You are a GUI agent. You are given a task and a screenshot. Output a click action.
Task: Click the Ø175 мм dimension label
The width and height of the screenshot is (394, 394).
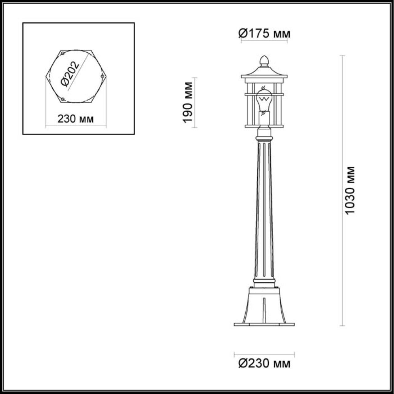pyautogui.click(x=264, y=33)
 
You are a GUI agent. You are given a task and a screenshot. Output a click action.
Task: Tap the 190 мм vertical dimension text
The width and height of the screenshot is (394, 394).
pyautogui.click(x=187, y=102)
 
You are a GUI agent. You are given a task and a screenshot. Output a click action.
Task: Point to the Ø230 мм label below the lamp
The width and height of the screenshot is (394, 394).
pyautogui.click(x=264, y=364)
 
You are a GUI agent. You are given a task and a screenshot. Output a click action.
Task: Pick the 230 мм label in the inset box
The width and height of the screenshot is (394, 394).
pyautogui.click(x=75, y=119)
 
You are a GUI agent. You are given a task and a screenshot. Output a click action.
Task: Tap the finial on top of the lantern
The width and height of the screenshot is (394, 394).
pyautogui.click(x=264, y=60)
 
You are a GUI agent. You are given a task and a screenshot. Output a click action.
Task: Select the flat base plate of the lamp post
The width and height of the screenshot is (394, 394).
pyautogui.click(x=264, y=324)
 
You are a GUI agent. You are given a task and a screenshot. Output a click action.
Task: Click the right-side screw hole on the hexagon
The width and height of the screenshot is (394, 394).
pyautogui.click(x=103, y=76)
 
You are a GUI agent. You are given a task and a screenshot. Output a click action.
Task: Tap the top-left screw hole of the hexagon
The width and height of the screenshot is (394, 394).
pyautogui.click(x=62, y=54)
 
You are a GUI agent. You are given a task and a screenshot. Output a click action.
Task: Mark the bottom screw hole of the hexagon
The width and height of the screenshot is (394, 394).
pyautogui.click(x=62, y=99)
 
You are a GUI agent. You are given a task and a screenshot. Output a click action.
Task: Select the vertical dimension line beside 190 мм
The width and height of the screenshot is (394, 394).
pyautogui.click(x=196, y=102)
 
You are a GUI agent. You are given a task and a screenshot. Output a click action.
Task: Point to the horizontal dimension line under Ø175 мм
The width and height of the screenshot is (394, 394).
pyautogui.click(x=264, y=41)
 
